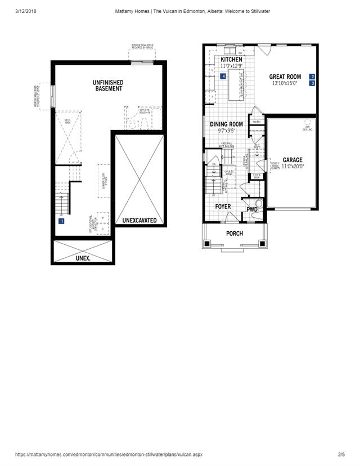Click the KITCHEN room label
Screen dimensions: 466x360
pyautogui.click(x=231, y=60)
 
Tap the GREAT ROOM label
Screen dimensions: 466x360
pyautogui.click(x=285, y=77)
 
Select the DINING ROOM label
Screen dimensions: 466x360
pyautogui.click(x=226, y=124)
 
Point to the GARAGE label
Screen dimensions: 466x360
pyautogui.click(x=292, y=160)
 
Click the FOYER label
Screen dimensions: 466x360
pyautogui.click(x=223, y=207)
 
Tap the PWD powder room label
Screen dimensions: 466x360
pyautogui.click(x=251, y=209)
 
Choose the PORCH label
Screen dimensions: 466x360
pyautogui.click(x=235, y=233)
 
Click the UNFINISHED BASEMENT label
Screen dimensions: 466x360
pyautogui.click(x=108, y=86)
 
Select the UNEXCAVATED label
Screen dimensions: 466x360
pyautogui.click(x=139, y=221)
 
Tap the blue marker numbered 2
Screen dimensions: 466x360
pyautogui.click(x=312, y=76)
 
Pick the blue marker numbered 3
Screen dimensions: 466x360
pyautogui.click(x=312, y=83)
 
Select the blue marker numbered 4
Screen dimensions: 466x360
pyautogui.click(x=223, y=76)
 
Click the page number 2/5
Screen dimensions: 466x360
pyautogui.click(x=341, y=454)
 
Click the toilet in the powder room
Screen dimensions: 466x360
pyautogui.click(x=258, y=204)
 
